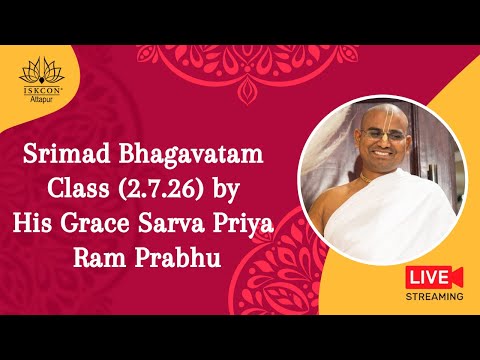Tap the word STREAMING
tap(433, 296)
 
